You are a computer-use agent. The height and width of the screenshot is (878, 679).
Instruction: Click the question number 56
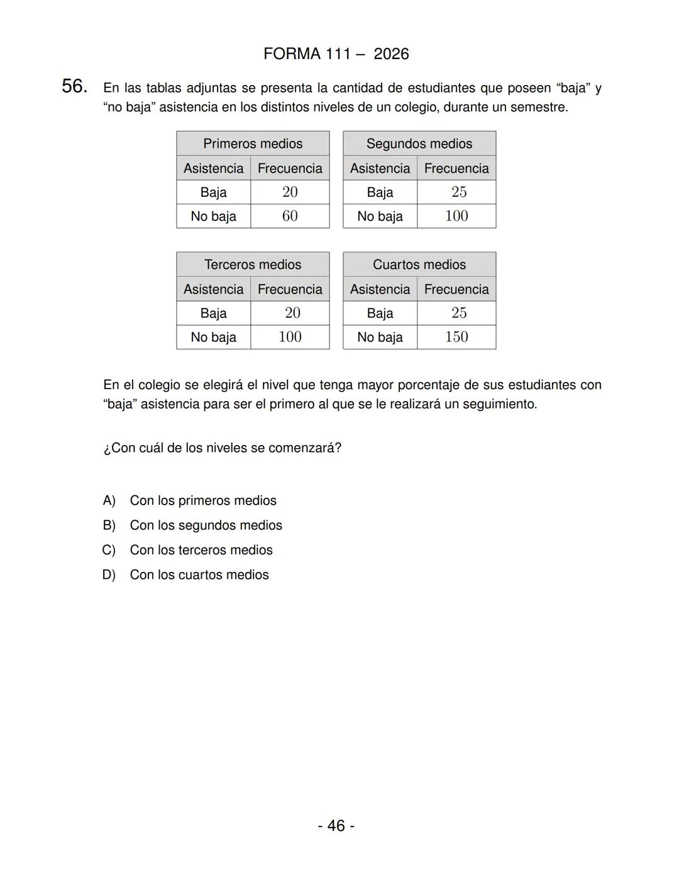74,87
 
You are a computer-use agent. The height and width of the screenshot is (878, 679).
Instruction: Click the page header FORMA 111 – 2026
336,54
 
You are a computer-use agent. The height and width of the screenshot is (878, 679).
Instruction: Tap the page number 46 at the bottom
336,825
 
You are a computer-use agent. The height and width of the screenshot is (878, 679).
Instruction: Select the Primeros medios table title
253,144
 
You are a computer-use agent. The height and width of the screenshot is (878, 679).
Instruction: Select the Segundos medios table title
419,144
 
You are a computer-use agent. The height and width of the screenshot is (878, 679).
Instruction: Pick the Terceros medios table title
253,265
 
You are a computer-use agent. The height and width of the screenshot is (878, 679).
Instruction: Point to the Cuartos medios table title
419,265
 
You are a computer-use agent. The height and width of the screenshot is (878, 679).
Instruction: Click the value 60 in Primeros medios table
290,216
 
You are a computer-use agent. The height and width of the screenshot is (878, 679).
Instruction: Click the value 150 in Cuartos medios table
456,337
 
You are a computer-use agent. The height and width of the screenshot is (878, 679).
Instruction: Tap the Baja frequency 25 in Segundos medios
458,192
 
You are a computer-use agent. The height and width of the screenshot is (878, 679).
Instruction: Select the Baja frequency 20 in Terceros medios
292,313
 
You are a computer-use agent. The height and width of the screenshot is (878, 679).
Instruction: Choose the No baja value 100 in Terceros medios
290,337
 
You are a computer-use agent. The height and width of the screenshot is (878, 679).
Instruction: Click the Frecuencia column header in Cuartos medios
456,289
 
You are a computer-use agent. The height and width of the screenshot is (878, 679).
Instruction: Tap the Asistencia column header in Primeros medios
213,168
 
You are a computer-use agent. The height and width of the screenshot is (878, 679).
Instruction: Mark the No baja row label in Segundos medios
380,216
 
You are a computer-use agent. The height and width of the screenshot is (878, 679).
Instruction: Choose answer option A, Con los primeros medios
202,501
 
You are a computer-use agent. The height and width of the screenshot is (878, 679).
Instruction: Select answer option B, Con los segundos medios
206,525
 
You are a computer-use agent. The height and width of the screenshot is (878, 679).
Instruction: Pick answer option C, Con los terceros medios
201,550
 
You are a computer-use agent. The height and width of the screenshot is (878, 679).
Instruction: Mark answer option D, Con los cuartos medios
199,575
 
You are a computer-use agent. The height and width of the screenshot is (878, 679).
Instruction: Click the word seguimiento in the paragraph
499,404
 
